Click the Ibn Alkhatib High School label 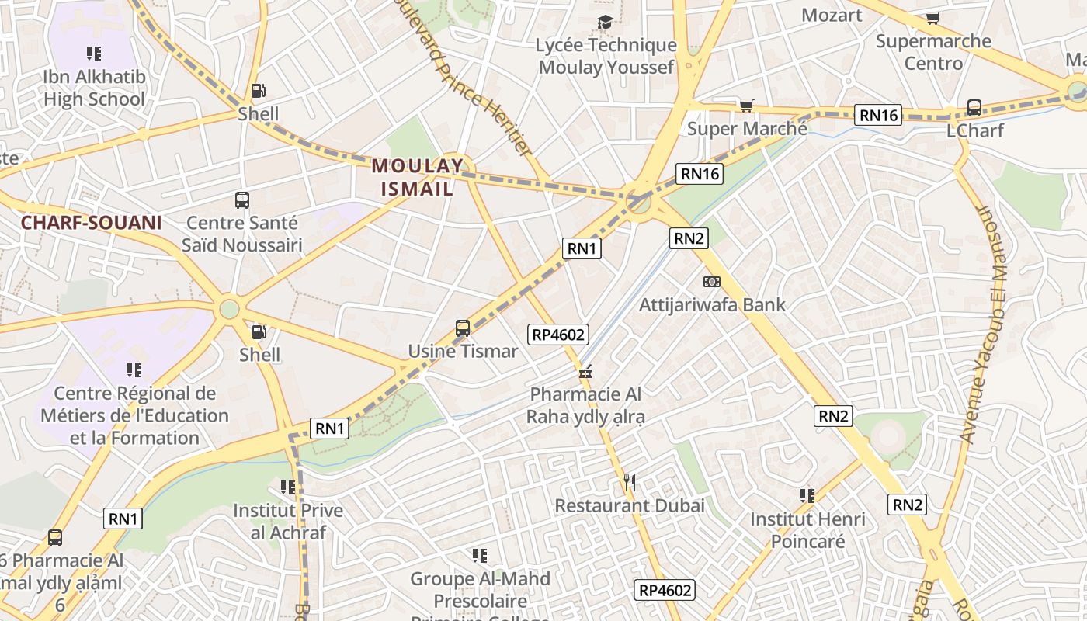[94, 88]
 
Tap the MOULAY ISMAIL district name [418, 176]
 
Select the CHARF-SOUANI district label [91, 223]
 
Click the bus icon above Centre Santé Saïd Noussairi [242, 200]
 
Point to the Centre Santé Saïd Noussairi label [241, 234]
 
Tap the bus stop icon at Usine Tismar [463, 328]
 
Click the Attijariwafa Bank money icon [712, 281]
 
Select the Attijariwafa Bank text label [712, 304]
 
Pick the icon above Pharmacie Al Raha [585, 372]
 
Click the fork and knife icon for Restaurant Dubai [630, 483]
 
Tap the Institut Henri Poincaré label [807, 529]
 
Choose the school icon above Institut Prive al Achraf [288, 487]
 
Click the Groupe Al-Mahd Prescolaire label [480, 590]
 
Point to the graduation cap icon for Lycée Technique [606, 23]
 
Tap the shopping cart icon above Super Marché [747, 106]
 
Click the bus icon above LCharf [974, 108]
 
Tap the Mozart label [832, 15]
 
